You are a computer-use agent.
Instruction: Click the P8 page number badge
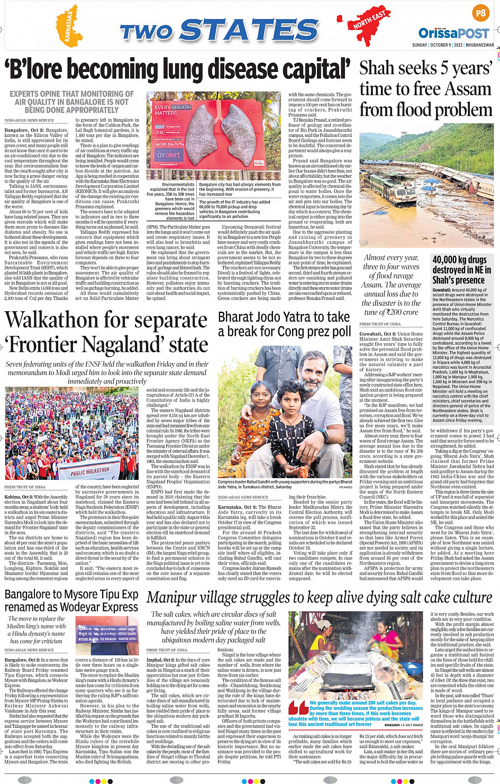[480, 13]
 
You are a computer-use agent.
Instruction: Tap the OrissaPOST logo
[453, 33]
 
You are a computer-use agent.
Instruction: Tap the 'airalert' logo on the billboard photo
[168, 155]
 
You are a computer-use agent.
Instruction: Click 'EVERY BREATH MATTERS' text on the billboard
[172, 110]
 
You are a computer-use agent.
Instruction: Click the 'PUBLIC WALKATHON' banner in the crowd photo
[90, 471]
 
